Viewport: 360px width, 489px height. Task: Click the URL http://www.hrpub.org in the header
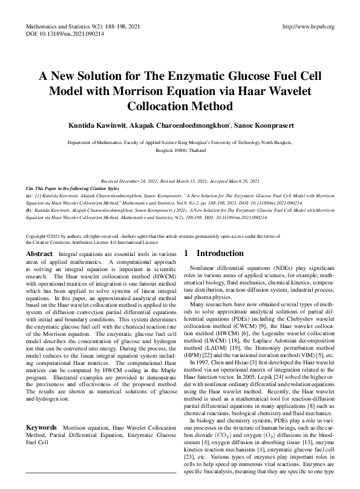click(x=309, y=27)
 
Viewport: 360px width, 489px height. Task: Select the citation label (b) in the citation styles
click(x=30, y=210)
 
